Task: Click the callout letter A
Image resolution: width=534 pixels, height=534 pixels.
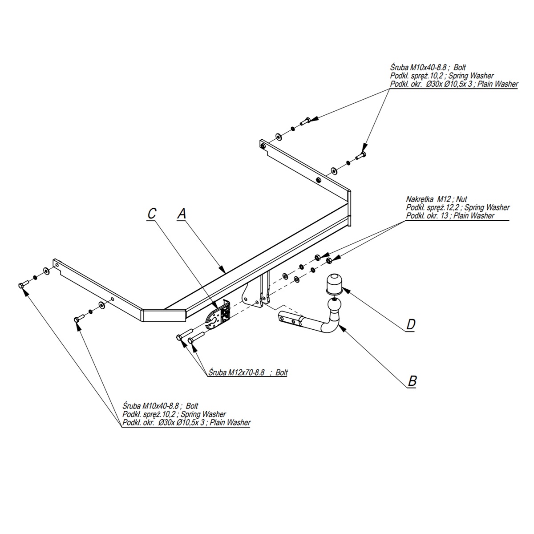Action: point(181,214)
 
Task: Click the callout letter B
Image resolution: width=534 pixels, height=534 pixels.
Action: point(412,381)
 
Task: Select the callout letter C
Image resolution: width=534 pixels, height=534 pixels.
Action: point(152,214)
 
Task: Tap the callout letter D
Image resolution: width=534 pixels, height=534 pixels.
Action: point(410,325)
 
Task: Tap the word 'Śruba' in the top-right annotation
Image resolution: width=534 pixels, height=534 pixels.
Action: point(399,68)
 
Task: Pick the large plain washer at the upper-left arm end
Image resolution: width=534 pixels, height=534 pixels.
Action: point(46,271)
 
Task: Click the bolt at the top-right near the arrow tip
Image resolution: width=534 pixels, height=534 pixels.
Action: point(361,155)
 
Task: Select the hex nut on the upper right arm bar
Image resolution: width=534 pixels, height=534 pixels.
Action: point(318,180)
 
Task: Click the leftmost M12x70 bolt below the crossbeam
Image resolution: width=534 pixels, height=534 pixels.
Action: point(180,338)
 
